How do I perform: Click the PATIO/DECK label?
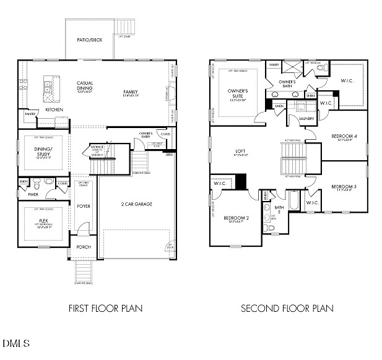pos(90,40)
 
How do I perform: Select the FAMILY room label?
pos(131,92)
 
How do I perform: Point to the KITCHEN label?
pos(54,110)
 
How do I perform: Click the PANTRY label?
pos(30,114)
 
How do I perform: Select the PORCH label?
pos(84,247)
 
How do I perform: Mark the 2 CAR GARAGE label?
pos(136,204)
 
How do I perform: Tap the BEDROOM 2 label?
pos(236,217)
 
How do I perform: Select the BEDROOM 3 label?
pos(342,187)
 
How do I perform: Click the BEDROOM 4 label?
pos(344,136)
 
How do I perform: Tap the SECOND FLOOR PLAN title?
pos(287,307)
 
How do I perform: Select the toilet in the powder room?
pos(37,184)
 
